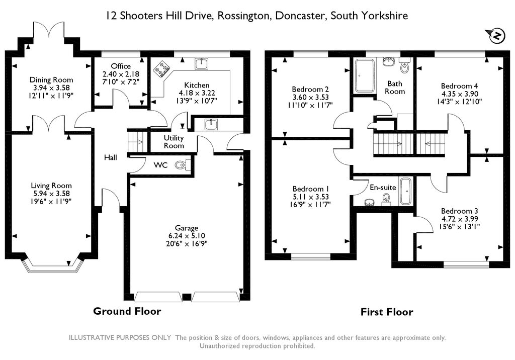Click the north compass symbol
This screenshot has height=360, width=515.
click(x=496, y=36)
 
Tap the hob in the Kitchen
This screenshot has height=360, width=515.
click(x=161, y=69)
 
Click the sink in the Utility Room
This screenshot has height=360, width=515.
click(x=211, y=125)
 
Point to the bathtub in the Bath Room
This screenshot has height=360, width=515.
click(x=364, y=75)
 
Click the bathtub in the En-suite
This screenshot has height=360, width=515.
click(x=406, y=192)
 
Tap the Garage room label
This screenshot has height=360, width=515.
click(x=187, y=228)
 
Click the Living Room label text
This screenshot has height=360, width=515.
click(x=51, y=186)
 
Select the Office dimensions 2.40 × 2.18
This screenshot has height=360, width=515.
click(x=121, y=74)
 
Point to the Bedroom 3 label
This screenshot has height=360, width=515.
click(x=460, y=211)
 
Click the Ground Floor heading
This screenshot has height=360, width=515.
click(x=127, y=311)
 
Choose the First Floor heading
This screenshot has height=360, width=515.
click(x=387, y=312)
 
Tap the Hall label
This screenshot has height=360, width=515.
click(x=110, y=158)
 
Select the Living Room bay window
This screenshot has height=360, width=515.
click(x=51, y=264)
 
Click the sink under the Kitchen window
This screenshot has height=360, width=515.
click(x=201, y=63)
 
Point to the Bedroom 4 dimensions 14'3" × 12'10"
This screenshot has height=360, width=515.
click(x=459, y=102)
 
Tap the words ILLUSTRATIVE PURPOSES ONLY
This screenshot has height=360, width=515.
click(x=120, y=338)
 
